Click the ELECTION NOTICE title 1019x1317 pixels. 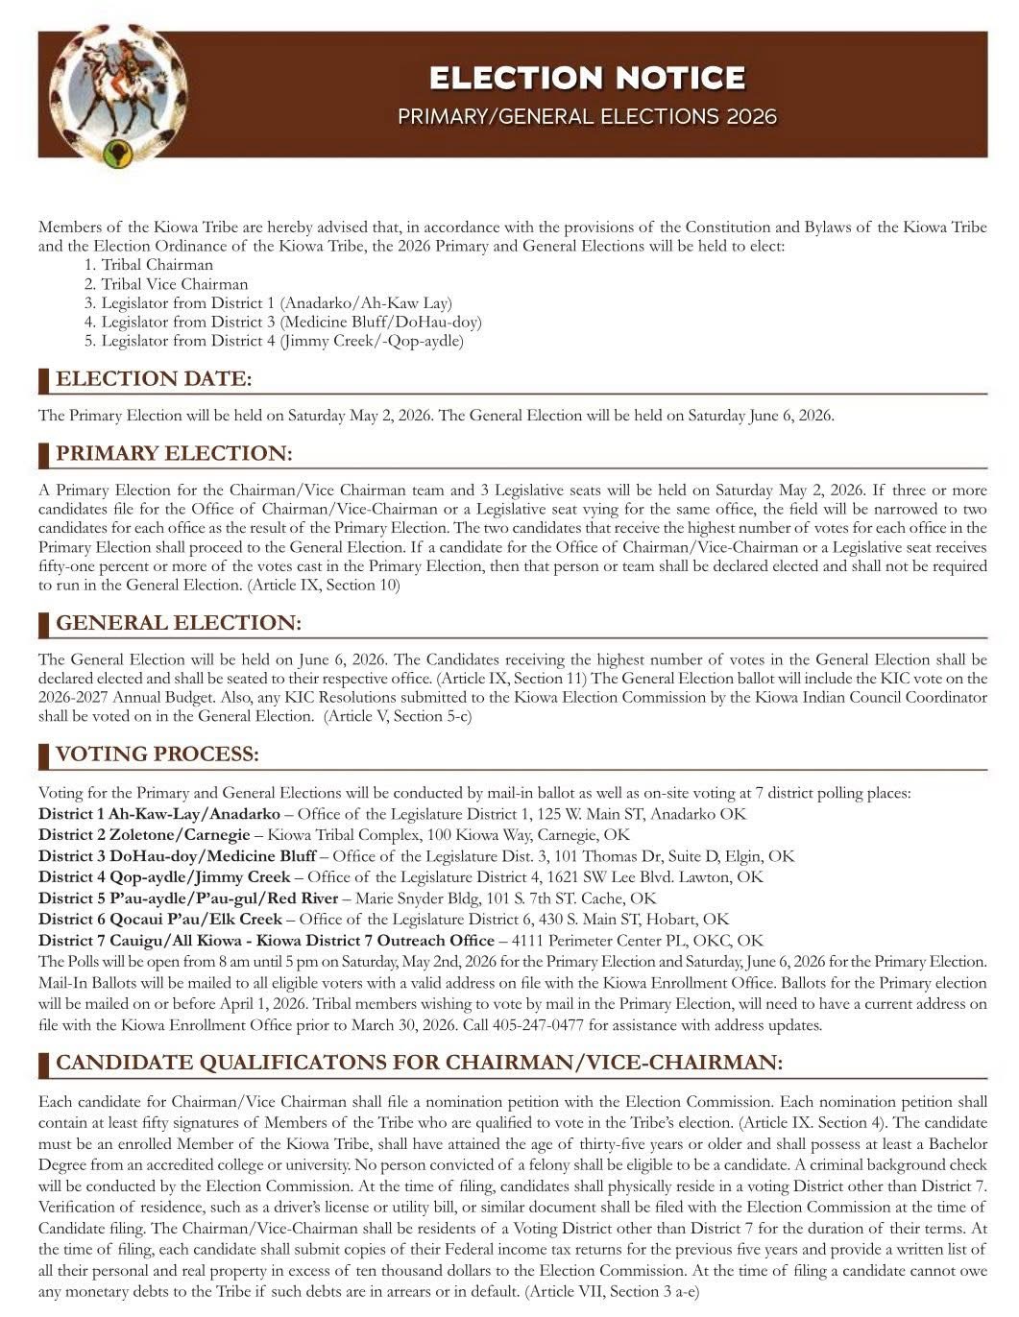587,78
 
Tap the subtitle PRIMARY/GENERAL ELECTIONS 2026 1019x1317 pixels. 587,117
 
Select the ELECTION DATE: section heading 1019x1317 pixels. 154,379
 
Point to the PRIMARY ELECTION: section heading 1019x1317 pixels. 174,453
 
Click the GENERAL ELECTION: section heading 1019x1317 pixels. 179,623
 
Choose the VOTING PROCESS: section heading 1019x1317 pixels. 158,754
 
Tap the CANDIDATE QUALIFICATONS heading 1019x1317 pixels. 419,1063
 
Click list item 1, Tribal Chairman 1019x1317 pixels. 158,265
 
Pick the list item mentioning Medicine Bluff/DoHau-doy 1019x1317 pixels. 291,323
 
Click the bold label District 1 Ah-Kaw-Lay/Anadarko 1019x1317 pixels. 159,814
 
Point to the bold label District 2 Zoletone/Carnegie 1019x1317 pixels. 144,835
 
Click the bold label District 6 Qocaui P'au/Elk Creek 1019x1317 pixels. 160,920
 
